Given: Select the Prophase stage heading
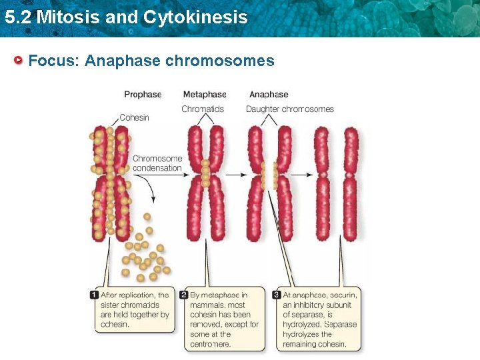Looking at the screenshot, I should [143, 95].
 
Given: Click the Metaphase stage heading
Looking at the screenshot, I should [205, 95].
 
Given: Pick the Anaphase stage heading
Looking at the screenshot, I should [269, 95].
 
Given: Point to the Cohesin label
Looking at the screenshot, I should [134, 117].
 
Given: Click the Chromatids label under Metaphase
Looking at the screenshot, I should [203, 109].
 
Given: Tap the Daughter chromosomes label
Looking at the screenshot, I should [290, 109].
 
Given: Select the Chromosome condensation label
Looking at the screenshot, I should [157, 163].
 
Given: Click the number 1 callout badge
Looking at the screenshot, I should [95, 295].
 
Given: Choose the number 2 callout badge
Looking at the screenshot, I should [184, 295].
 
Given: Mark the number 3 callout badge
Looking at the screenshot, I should [277, 295].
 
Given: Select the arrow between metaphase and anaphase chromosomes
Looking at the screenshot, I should [234, 175].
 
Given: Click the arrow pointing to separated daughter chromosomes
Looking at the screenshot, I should [300, 175].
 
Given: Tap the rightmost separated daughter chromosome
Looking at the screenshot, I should [351, 183].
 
